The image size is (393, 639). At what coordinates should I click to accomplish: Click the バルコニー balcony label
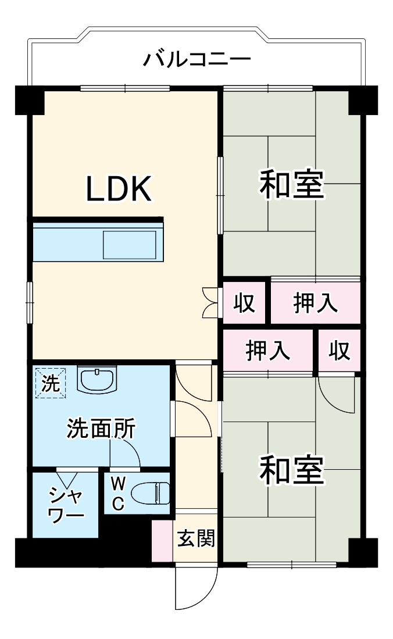point(197,59)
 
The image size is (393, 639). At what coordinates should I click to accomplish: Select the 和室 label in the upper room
point(290,184)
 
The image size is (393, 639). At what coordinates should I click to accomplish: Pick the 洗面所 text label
point(101,429)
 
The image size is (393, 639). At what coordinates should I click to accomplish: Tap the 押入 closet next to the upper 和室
point(315,304)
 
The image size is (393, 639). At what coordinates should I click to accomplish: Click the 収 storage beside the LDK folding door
point(244,303)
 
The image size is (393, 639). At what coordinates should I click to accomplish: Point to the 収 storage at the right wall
point(339,351)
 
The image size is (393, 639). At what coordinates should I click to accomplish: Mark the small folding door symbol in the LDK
point(210,302)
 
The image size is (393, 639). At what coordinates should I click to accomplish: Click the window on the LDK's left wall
point(30,301)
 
